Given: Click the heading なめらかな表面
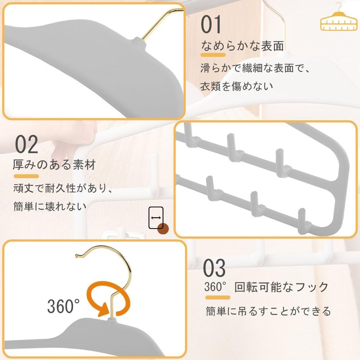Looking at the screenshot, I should coord(242,46).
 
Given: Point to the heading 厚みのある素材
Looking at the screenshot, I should coord(54,165).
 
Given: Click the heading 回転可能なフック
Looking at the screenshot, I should coord(282,287).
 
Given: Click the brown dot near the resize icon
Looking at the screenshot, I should coord(164,229).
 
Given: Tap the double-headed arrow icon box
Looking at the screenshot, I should coord(156,218).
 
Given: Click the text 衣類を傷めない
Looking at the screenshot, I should coord(237,86).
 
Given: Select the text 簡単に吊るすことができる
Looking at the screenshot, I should coord(268,311).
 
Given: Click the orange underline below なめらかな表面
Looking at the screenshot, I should coord(213,55).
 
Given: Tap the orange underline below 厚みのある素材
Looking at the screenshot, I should coord(26,176).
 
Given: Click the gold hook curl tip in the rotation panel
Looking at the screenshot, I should coord(77,256).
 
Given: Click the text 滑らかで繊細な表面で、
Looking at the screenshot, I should coord(255,68).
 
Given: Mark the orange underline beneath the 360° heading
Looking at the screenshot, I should coord(218,298).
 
